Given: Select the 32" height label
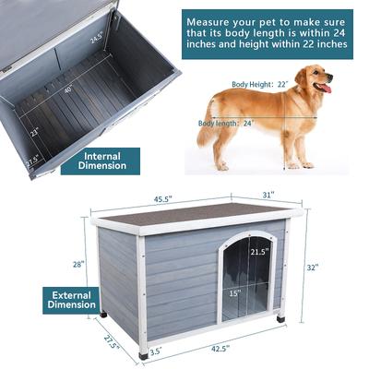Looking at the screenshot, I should [312, 268].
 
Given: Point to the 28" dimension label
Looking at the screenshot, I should [78, 264].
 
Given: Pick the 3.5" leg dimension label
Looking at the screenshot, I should [155, 351].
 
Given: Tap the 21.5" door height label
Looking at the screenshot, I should [260, 251].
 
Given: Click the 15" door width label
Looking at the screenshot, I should [235, 292].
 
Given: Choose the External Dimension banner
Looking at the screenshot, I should [70, 299].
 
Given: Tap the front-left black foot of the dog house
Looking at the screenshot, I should [143, 352].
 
